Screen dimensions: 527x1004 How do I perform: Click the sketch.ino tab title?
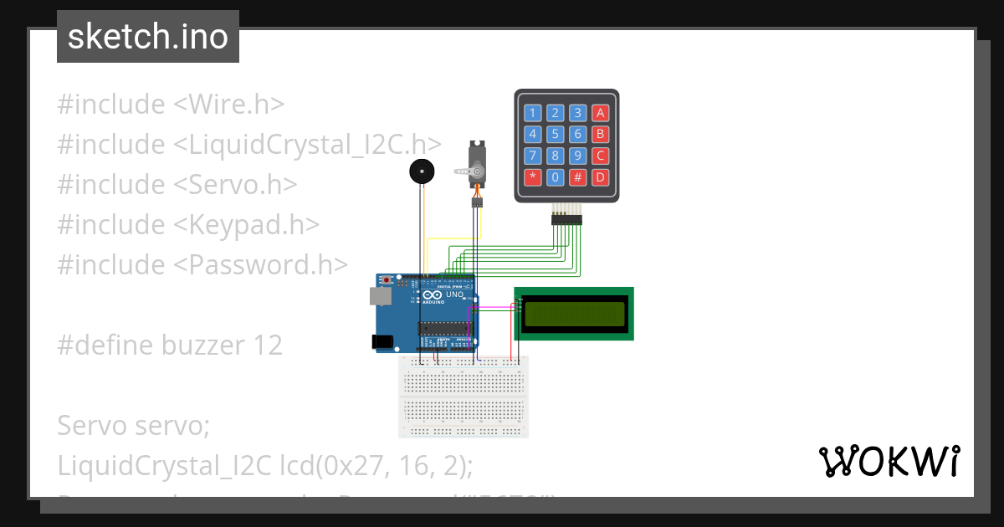click(147, 37)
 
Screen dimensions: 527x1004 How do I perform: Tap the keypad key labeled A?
click(599, 113)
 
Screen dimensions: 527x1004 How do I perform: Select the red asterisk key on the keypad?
click(532, 177)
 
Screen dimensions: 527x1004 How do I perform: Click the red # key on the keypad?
click(577, 177)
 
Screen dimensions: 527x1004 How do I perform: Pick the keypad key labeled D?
click(599, 177)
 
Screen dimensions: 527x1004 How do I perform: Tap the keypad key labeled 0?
click(555, 177)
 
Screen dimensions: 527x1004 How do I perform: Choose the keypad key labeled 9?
click(577, 156)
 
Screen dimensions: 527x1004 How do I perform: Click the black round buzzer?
click(422, 172)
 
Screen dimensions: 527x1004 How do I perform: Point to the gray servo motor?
click(476, 167)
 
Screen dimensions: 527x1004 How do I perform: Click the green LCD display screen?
click(574, 314)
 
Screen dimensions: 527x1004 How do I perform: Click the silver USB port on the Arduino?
click(379, 296)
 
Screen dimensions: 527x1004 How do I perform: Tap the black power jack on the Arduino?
click(382, 341)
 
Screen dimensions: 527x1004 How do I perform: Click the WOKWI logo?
click(889, 461)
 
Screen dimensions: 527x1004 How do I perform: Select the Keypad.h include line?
click(188, 224)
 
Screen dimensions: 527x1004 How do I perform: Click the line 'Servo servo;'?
click(133, 425)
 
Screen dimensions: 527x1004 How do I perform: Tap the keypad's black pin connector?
click(566, 219)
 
